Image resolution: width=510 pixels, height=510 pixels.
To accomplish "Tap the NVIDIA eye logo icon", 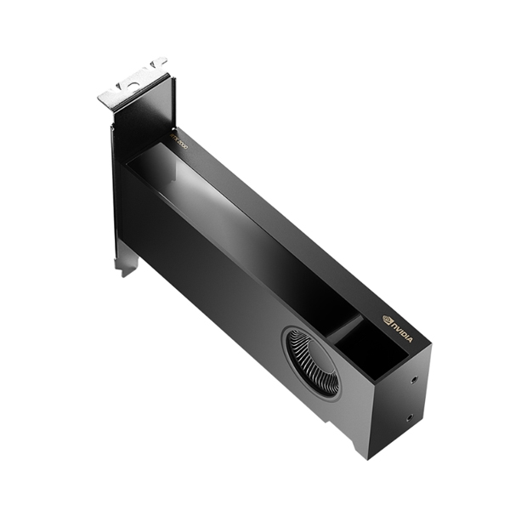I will click(388, 321).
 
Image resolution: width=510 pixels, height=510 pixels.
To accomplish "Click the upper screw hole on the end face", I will click(413, 381).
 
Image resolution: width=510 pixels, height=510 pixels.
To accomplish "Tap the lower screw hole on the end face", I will click(409, 417).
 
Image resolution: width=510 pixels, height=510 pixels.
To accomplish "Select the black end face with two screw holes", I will click(399, 399).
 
